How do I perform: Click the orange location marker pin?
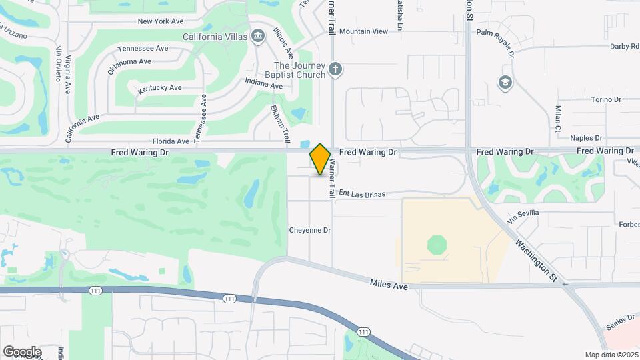click(320, 159)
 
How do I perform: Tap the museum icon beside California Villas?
click(258, 35)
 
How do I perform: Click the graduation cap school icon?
click(505, 82)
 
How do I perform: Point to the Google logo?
click(22, 351)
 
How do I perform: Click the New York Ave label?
click(160, 21)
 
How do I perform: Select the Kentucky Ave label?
click(160, 88)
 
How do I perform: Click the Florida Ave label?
click(171, 141)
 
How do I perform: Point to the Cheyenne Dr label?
click(310, 230)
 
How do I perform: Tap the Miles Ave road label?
click(389, 285)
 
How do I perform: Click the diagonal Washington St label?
click(535, 260)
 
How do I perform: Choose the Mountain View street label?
click(363, 31)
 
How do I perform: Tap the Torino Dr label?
click(606, 99)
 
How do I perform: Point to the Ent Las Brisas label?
click(362, 193)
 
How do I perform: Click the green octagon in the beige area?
click(437, 244)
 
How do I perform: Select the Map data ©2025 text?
click(611, 354)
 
